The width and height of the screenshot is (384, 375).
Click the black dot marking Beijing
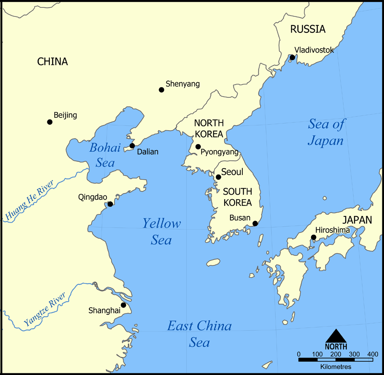[50, 122]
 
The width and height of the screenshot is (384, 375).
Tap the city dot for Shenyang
[161, 90]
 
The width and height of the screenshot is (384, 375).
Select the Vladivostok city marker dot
[292, 58]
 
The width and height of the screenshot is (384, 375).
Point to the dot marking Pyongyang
[198, 147]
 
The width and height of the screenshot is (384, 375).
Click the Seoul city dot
[219, 177]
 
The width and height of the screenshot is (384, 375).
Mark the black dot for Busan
[255, 223]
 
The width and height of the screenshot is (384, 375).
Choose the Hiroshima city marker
[314, 237]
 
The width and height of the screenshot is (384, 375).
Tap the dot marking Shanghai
[123, 305]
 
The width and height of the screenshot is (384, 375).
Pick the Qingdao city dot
[110, 204]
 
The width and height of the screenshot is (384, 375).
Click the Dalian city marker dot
[132, 146]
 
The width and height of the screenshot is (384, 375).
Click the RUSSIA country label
[308, 29]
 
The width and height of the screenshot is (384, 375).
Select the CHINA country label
[52, 62]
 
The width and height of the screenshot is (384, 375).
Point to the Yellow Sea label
[161, 232]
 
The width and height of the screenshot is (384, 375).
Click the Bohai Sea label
[105, 155]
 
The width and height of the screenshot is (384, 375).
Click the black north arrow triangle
[336, 336]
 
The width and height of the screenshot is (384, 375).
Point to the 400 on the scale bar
[372, 354]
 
